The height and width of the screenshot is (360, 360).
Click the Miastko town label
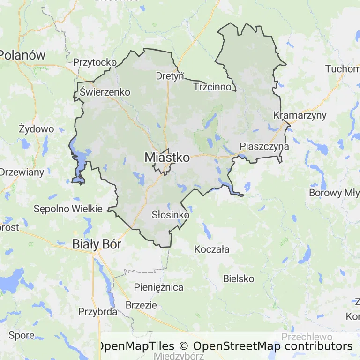[x=167, y=157]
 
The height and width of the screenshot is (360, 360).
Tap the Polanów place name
[x=22, y=55]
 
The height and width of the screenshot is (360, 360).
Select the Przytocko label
[x=95, y=62]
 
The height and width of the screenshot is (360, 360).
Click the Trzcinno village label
[x=212, y=87]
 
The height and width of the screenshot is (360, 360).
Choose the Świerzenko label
[x=105, y=92]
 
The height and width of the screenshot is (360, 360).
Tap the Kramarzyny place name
[x=300, y=115]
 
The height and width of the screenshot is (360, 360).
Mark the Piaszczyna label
[x=264, y=146]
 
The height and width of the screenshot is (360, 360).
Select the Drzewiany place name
[x=22, y=172]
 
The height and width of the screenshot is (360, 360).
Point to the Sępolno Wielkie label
[x=68, y=209]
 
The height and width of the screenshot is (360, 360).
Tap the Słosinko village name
[x=170, y=215]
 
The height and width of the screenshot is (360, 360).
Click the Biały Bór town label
[x=97, y=244]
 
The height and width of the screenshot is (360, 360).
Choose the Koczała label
[x=212, y=249]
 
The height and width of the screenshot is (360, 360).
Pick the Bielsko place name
[x=239, y=278]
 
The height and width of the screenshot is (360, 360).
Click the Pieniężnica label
[x=158, y=287]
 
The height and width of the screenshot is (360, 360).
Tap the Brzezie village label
[x=141, y=305]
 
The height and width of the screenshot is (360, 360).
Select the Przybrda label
[x=97, y=312]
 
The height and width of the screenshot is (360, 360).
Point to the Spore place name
[x=22, y=335]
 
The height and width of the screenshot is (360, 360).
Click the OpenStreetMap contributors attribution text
[x=273, y=346]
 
